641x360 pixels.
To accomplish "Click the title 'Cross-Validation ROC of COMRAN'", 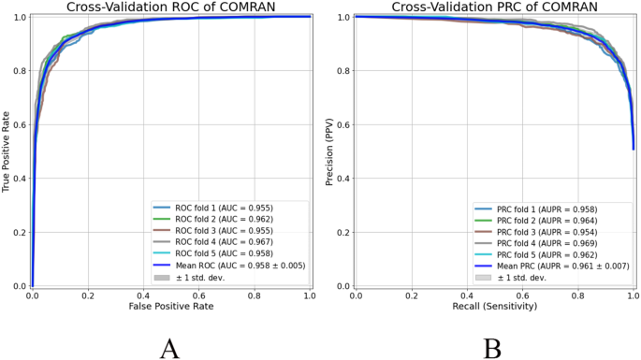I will (171, 7).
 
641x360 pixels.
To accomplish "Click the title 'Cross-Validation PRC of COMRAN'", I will (494, 7).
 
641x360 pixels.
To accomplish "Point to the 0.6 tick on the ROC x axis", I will (199, 295).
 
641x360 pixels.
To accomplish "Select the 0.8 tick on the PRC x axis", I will (577, 295).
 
